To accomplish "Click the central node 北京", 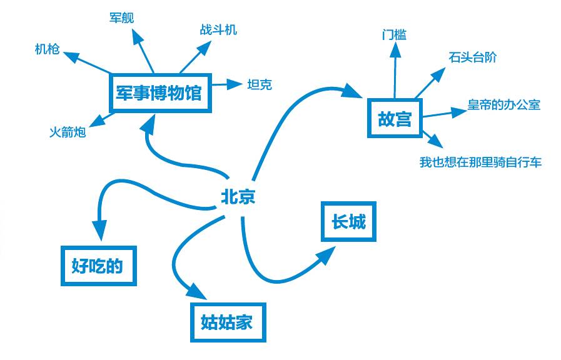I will [238, 197].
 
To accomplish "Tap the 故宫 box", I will [395, 118].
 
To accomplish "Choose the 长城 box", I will [348, 221].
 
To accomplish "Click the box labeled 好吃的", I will [98, 266].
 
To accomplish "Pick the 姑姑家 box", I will [227, 322].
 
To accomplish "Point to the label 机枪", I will [48, 49].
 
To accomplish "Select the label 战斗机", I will [218, 29].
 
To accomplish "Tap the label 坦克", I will [260, 84].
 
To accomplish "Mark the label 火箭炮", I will [68, 132].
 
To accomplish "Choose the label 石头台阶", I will [472, 57].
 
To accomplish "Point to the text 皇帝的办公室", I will [503, 104].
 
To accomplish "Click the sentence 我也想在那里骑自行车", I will [480, 162].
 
